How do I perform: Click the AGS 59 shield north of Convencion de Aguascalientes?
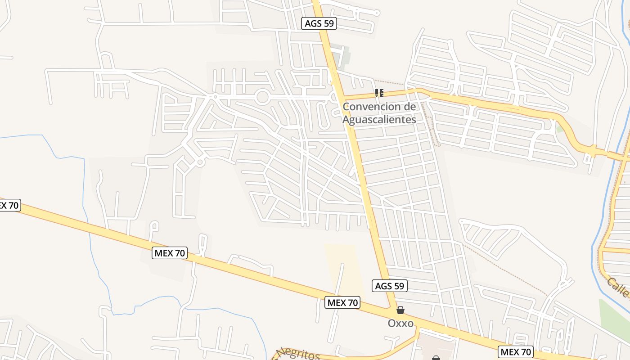pyautogui.click(x=319, y=23)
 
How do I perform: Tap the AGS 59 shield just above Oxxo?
pyautogui.click(x=390, y=285)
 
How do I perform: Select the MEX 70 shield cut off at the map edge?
pyautogui.click(x=9, y=205)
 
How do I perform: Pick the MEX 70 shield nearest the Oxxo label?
pyautogui.click(x=342, y=302)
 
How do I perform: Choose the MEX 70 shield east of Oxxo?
pyautogui.click(x=516, y=352)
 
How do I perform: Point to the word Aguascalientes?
pyautogui.click(x=379, y=120)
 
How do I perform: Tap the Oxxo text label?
pyautogui.click(x=400, y=323)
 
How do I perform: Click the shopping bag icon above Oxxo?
pyautogui.click(x=400, y=310)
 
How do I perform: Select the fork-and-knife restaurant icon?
pyautogui.click(x=379, y=93)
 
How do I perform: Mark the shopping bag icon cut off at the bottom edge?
pyautogui.click(x=436, y=358)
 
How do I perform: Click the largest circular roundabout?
pyautogui.click(x=262, y=97)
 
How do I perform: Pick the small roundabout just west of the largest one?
pyautogui.click(x=216, y=96)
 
